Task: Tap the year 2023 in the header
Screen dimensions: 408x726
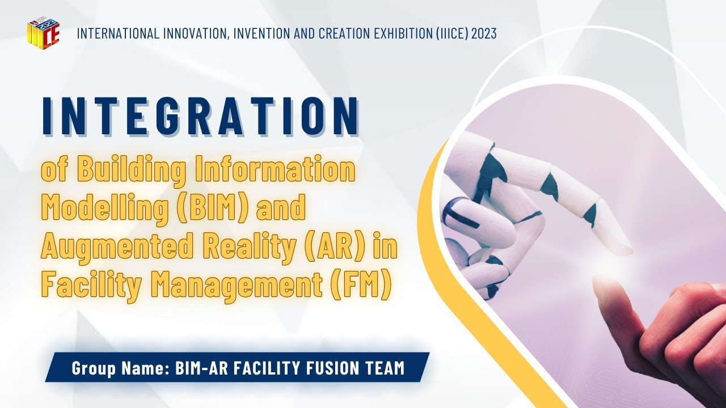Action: pos(484,33)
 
